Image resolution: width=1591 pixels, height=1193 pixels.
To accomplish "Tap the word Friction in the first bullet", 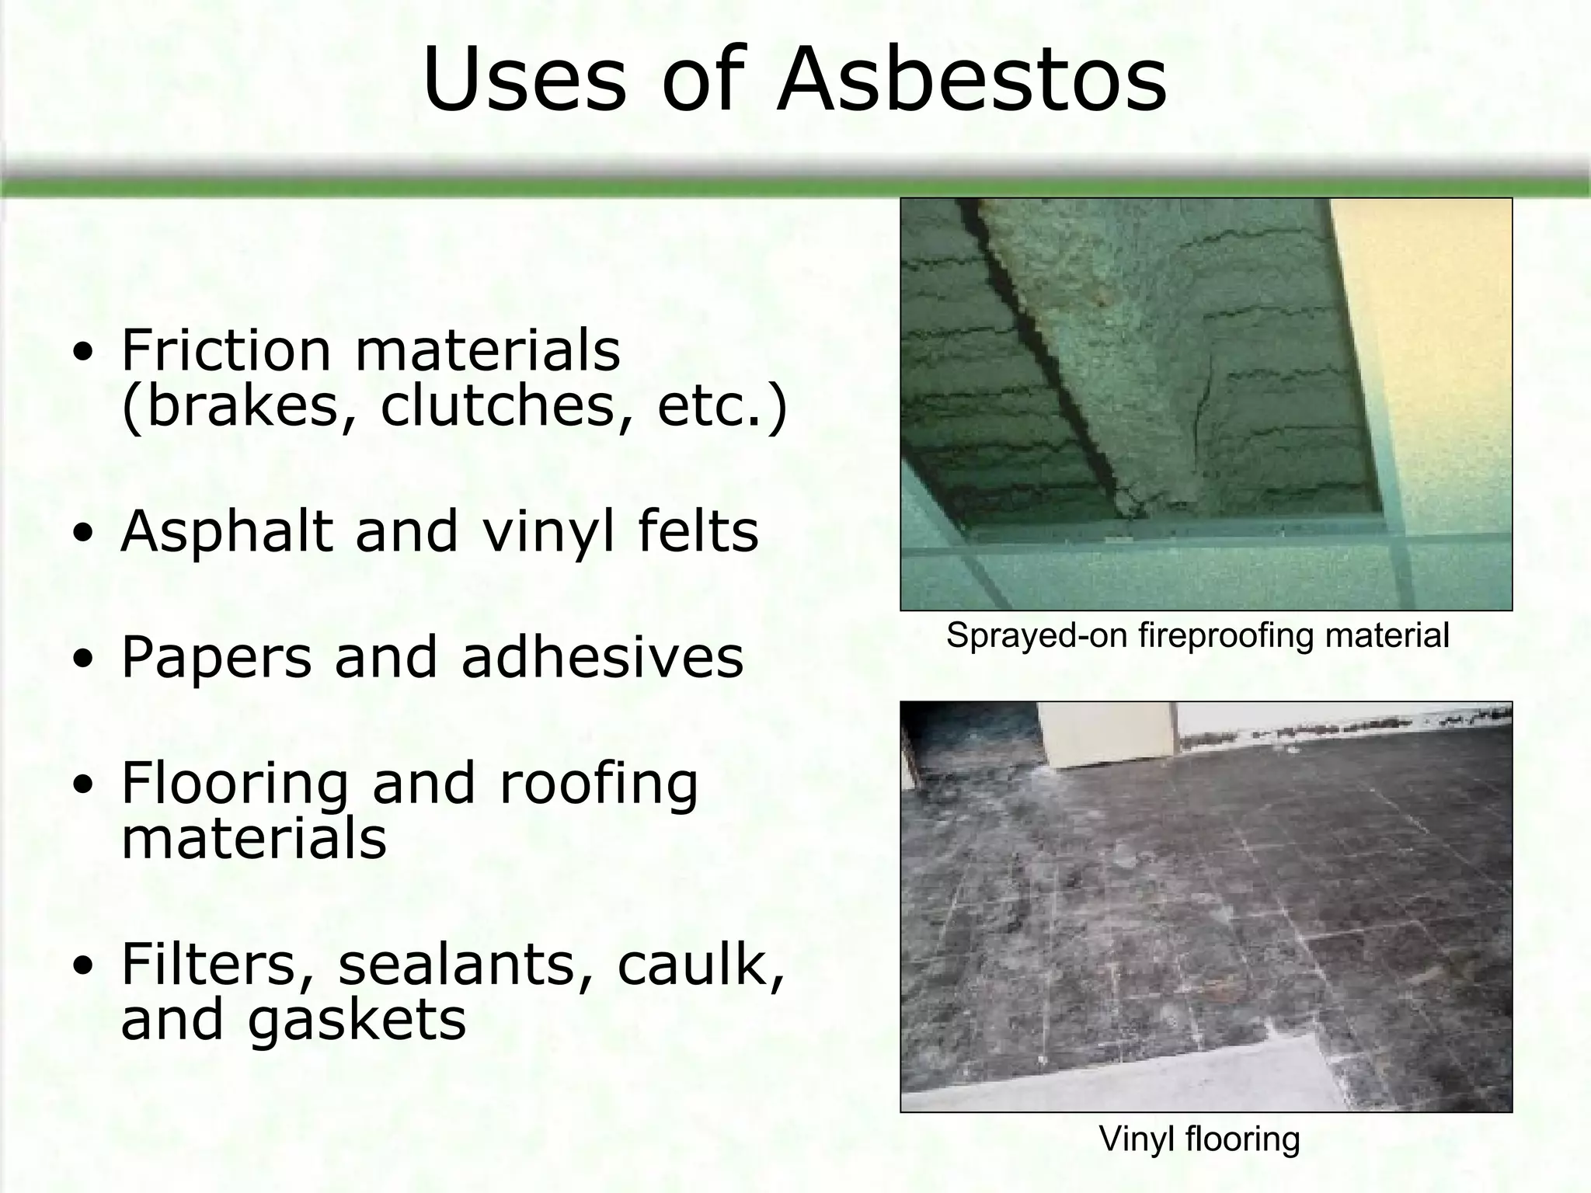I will [x=226, y=350].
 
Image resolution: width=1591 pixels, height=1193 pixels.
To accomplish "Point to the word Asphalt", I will [x=226, y=533].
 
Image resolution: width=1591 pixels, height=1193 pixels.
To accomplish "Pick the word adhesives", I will [x=602, y=658].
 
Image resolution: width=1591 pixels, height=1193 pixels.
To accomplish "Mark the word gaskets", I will [x=357, y=1021].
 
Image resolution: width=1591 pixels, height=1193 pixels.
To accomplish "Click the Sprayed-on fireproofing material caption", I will [x=1197, y=635].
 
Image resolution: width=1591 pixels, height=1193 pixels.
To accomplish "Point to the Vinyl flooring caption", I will [x=1199, y=1139].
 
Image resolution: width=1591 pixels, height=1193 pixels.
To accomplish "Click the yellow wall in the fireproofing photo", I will [x=1437, y=350].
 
